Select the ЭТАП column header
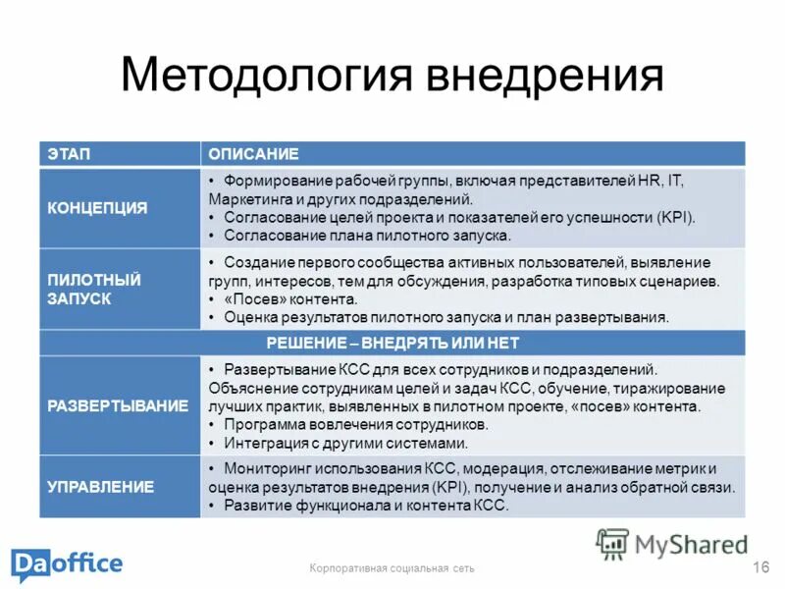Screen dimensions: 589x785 pos(65,154)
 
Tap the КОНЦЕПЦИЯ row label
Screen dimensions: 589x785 pos(98,208)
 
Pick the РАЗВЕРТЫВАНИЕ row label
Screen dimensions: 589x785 pos(117,404)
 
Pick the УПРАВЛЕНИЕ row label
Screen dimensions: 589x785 pos(101,486)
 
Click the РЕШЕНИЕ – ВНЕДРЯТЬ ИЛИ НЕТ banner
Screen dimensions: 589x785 pos(392,343)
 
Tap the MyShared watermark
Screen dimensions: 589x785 pos(673,544)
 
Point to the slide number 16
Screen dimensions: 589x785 pos(759,566)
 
